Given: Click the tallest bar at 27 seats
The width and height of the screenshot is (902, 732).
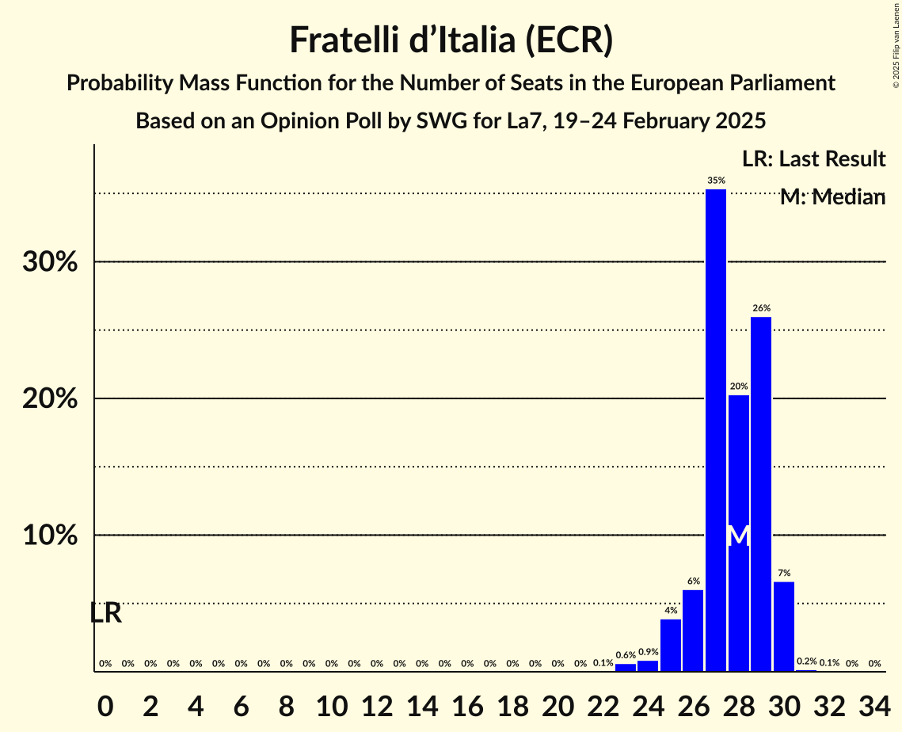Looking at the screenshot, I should [716, 430].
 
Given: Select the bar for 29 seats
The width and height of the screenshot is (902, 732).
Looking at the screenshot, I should [761, 494].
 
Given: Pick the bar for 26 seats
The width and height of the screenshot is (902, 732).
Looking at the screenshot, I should [693, 631].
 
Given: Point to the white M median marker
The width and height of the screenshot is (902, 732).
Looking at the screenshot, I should [738, 536].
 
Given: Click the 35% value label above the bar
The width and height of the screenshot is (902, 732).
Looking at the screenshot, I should [716, 181].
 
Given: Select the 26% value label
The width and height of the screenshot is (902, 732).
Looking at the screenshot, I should [761, 308].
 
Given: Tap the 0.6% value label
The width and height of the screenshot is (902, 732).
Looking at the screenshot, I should [626, 655].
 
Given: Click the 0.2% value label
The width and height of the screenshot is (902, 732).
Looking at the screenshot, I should [807, 661].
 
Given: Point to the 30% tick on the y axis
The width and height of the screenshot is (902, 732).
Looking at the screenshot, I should [50, 262].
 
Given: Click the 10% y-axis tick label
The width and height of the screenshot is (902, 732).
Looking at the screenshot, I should [50, 536].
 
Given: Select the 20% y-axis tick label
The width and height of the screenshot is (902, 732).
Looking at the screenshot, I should [50, 398].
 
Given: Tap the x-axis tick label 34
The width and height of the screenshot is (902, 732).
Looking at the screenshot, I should [874, 703].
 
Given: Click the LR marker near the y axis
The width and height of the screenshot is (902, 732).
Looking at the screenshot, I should [105, 613].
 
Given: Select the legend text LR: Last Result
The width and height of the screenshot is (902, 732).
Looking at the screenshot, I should [813, 159].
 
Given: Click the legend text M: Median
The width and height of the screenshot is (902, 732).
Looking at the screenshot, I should [832, 197].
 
